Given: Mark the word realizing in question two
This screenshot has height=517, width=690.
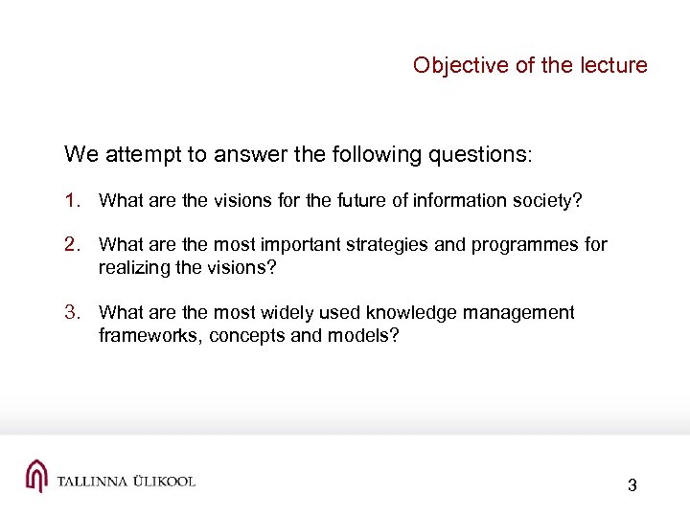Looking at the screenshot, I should tap(131, 267).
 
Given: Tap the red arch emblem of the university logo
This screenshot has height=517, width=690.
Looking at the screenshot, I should tap(36, 476).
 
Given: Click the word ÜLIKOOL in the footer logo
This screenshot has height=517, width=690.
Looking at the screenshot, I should tap(159, 481).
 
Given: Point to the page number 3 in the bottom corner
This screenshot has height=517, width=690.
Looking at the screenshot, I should tap(632, 485).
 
